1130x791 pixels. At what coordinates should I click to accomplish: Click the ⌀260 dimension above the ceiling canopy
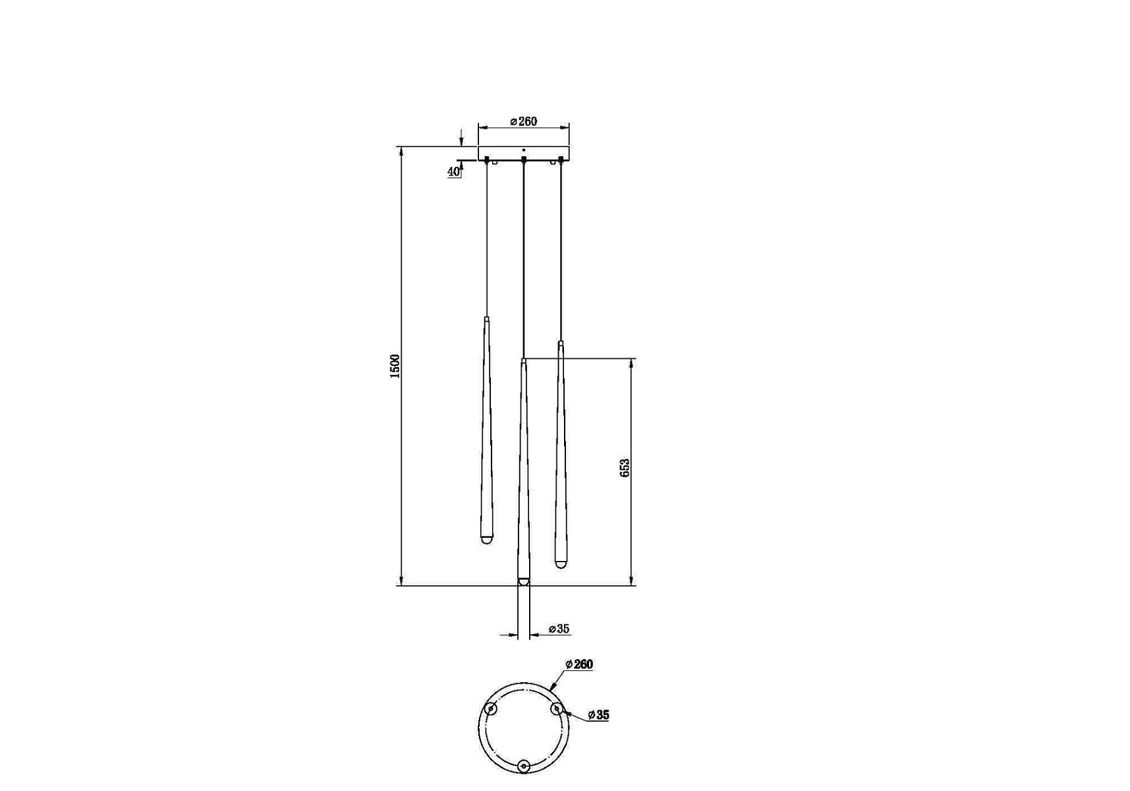(524, 121)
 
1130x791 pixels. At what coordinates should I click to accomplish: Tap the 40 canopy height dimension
(453, 171)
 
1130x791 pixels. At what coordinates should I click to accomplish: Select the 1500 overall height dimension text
(395, 366)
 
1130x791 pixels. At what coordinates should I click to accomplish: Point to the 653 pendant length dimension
(625, 467)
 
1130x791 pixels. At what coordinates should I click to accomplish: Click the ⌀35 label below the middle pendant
(559, 629)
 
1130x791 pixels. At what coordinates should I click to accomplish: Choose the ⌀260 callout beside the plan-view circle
(579, 664)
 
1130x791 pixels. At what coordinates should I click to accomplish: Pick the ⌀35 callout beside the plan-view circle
(598, 715)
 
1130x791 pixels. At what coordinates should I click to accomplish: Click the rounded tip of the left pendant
(487, 540)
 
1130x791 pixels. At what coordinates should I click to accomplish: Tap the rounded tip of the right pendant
(560, 564)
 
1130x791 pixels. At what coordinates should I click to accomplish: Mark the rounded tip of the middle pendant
(523, 581)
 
